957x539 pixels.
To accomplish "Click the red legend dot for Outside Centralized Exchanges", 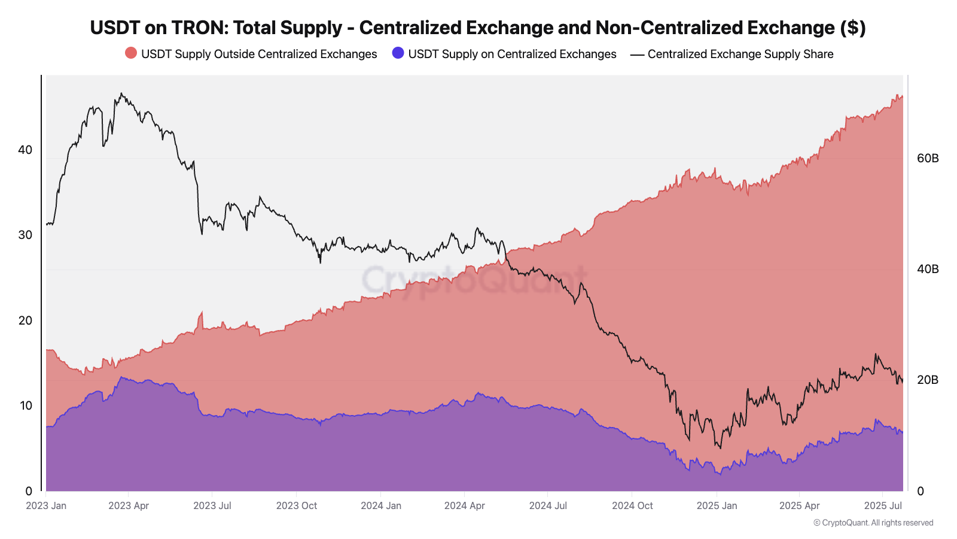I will tap(131, 53).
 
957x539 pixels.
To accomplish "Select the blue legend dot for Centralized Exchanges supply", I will tap(398, 53).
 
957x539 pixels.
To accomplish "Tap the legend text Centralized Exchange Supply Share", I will tap(740, 54).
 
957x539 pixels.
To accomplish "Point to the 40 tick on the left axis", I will tap(25, 150).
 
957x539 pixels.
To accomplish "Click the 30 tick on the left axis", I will tap(25, 235).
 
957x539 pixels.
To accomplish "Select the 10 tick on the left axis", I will tap(26, 405).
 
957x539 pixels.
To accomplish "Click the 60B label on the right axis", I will tap(928, 158).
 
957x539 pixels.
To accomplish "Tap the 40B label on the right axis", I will tap(928, 269).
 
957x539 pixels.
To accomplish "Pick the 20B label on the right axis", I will tap(928, 380).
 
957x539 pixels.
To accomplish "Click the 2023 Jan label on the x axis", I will tap(46, 505).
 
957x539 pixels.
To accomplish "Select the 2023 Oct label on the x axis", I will tap(297, 505).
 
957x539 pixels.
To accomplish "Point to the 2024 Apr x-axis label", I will tap(464, 505).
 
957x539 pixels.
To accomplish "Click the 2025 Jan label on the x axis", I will tap(717, 505).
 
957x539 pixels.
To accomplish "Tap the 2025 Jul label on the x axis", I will tap(883, 505).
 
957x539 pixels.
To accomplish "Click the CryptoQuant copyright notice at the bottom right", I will tap(873, 523).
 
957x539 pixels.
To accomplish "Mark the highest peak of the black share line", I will tap(121, 93).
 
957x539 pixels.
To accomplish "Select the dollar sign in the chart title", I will tap(853, 28).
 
